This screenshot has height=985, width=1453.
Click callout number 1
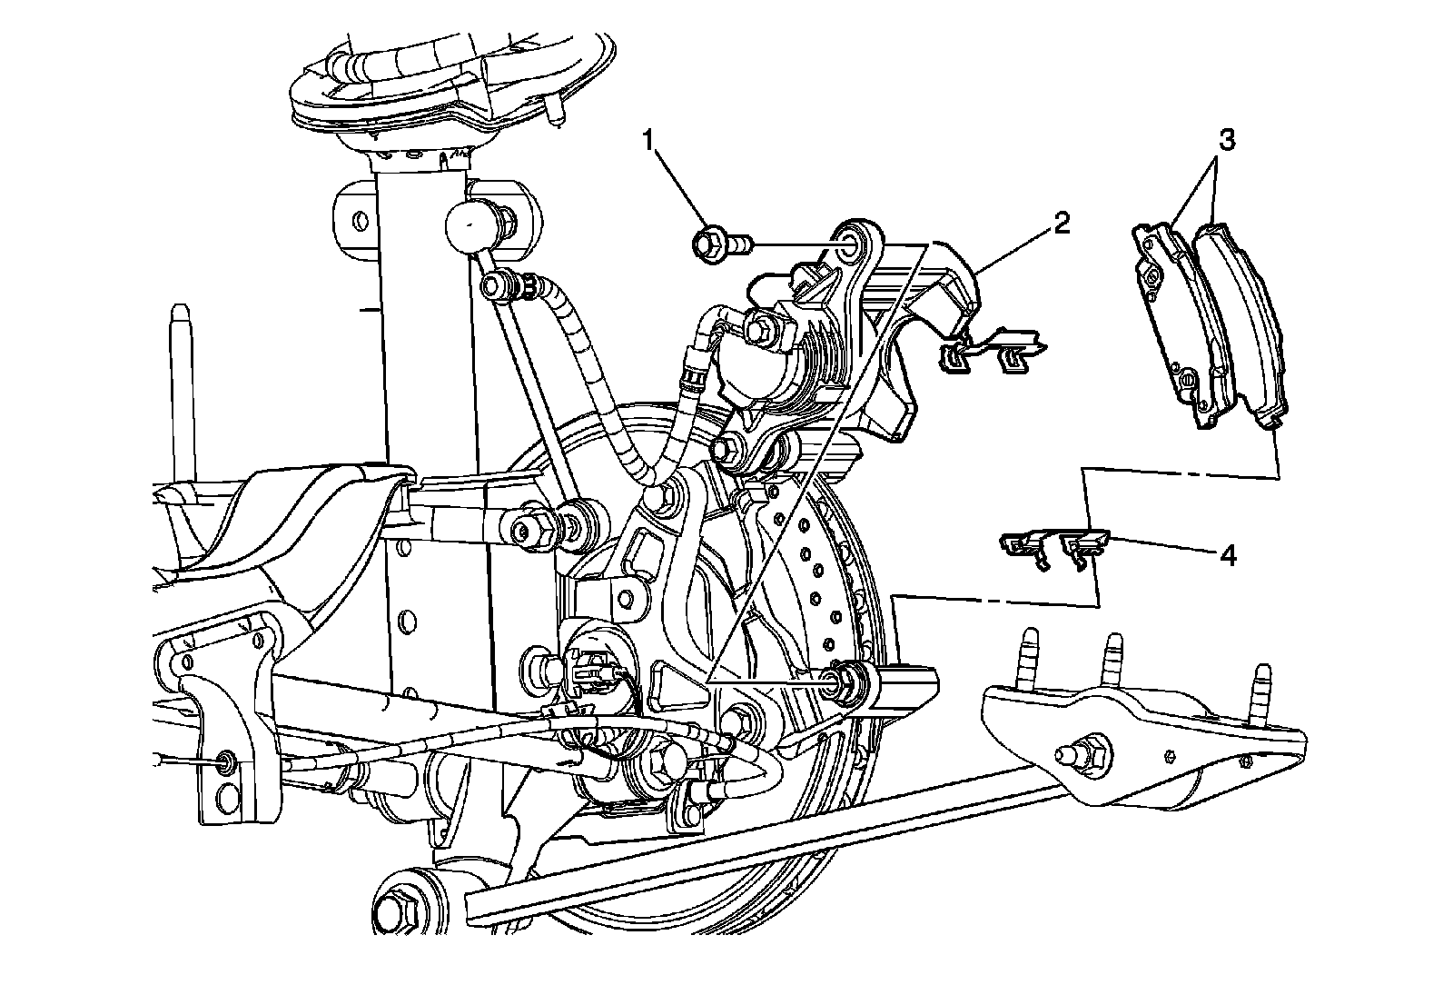(647, 141)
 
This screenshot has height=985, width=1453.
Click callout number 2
(1062, 224)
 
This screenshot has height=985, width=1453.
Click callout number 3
(1226, 141)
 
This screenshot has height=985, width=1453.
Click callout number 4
(1227, 555)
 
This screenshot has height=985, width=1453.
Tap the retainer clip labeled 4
(1053, 548)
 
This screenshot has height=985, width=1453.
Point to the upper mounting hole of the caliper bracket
(851, 242)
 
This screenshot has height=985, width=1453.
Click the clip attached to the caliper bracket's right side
(994, 351)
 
